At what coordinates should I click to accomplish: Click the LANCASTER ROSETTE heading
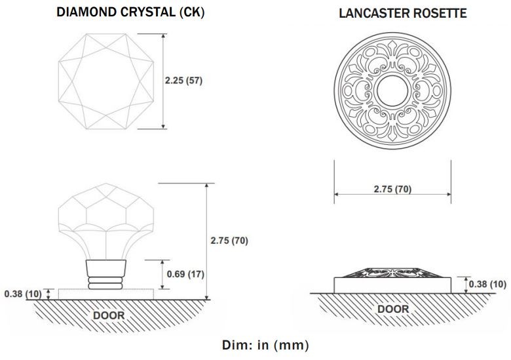point(402,13)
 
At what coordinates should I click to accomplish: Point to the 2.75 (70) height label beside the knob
point(229,241)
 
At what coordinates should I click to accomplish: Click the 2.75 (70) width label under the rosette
point(392,190)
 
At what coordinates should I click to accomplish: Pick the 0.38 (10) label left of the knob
point(23,294)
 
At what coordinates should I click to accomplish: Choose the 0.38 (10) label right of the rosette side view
point(487,284)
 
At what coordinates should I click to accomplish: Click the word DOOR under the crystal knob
point(108,315)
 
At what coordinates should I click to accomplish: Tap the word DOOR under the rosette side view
point(392,309)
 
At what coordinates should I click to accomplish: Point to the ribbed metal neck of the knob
point(105,274)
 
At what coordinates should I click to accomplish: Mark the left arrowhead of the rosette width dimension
point(337,195)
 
